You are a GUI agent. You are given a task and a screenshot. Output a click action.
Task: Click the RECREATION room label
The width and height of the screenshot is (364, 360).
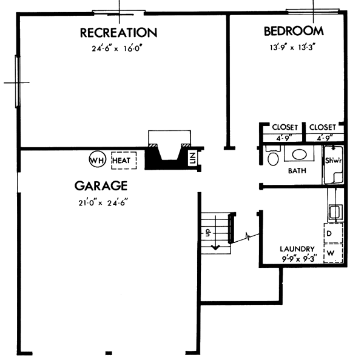pyautogui.click(x=118, y=32)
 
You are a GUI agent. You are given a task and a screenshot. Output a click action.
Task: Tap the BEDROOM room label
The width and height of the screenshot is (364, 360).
pyautogui.click(x=293, y=31)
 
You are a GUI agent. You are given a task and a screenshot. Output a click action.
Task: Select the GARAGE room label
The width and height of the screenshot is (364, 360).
pyautogui.click(x=101, y=185)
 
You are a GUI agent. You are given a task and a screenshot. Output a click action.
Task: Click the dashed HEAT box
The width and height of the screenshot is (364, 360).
pyautogui.click(x=123, y=160)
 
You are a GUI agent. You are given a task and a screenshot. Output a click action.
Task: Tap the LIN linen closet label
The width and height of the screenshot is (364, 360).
pyautogui.click(x=192, y=159)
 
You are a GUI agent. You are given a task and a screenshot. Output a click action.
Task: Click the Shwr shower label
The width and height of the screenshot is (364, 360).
pyautogui.click(x=334, y=161)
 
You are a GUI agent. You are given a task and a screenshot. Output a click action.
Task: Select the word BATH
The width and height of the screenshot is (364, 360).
pyautogui.click(x=297, y=172)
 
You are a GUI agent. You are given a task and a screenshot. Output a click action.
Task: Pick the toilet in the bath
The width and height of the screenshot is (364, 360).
pyautogui.click(x=272, y=159)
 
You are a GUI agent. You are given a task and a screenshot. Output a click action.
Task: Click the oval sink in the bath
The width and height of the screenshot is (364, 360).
pyautogui.click(x=298, y=155)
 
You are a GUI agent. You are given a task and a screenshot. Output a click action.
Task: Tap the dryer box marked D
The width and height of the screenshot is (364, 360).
pyautogui.click(x=332, y=233)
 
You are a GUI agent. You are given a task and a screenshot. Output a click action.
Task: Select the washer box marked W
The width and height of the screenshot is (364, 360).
pyautogui.click(x=332, y=252)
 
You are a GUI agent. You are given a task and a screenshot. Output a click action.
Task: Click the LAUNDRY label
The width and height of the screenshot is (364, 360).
pyautogui.click(x=297, y=248)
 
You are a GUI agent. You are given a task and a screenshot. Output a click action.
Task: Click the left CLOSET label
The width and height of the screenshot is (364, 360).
pyautogui.click(x=285, y=127)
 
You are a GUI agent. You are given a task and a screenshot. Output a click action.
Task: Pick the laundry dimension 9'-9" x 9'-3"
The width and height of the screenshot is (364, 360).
pyautogui.click(x=297, y=258)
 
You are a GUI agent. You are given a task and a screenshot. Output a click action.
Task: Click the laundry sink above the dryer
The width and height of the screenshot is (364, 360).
pyautogui.click(x=334, y=212)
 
